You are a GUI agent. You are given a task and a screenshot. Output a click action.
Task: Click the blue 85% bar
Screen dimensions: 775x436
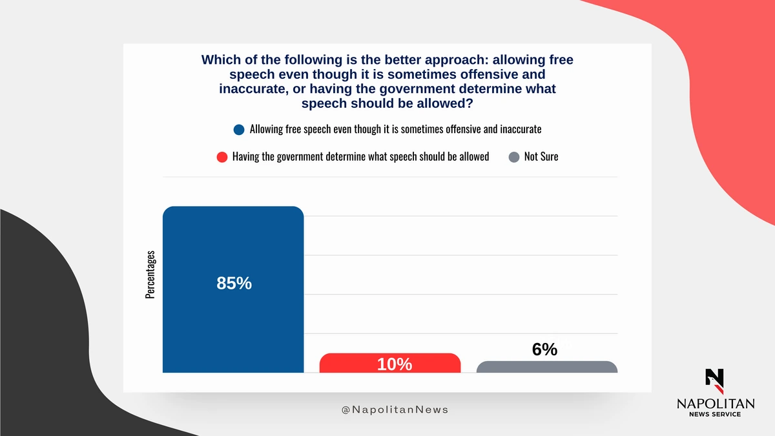coord(233,289)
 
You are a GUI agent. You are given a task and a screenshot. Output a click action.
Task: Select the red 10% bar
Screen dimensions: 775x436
coord(390,363)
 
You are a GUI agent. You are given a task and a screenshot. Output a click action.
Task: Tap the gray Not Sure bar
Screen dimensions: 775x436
coord(547,367)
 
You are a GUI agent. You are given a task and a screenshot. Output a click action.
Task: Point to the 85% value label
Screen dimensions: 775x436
coord(234,283)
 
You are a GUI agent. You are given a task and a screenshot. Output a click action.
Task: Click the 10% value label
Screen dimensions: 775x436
coord(395,364)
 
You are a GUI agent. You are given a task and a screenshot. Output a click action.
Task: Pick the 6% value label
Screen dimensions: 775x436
coord(544,349)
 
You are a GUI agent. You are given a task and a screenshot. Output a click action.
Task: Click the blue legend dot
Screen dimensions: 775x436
coord(239,130)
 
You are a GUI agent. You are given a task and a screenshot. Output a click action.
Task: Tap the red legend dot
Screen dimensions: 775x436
coord(222,157)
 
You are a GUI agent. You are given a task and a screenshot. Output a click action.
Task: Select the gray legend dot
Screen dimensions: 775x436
coord(514,157)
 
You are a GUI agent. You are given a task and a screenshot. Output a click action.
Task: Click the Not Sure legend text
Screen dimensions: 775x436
coord(541,156)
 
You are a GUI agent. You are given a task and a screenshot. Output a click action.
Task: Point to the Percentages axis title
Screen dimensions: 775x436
coord(150,275)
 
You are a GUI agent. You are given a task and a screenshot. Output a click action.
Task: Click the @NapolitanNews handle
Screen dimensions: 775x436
coord(395,410)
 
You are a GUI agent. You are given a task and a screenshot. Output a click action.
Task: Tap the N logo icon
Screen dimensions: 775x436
coord(715,381)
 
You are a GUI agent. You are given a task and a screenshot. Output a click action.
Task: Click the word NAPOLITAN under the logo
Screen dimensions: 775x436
coord(716,404)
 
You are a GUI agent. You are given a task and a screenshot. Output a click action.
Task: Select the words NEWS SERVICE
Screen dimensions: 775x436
coord(715,414)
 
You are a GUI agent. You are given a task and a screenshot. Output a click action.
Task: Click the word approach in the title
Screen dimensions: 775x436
coord(456,60)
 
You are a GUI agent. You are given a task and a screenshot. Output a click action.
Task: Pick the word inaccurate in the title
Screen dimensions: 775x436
coord(254,89)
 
